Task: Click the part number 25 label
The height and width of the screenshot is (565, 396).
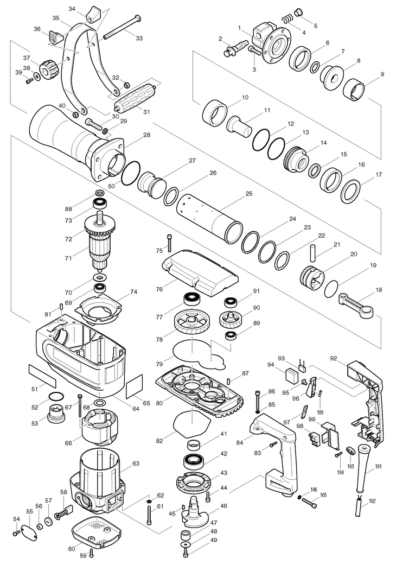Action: (249, 194)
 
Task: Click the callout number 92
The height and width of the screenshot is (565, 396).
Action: (334, 358)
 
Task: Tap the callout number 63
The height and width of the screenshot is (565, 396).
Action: (136, 464)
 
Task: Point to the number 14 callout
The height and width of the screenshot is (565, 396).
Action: (324, 143)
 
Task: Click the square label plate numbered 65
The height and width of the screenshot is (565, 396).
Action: (135, 386)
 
